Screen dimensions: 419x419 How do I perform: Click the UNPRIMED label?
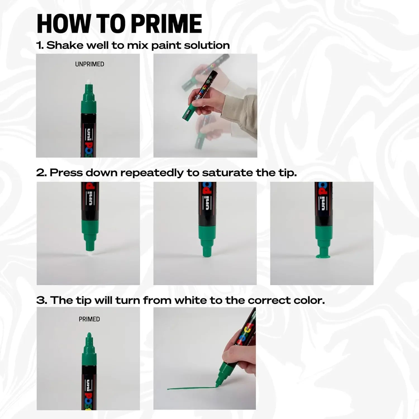point(89,64)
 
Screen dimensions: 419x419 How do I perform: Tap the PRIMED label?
point(89,319)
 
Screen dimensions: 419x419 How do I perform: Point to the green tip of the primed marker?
point(89,336)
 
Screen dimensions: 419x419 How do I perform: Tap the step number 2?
point(41,173)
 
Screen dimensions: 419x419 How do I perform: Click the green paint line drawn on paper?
point(190,388)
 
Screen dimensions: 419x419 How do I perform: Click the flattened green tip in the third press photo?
point(323,255)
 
